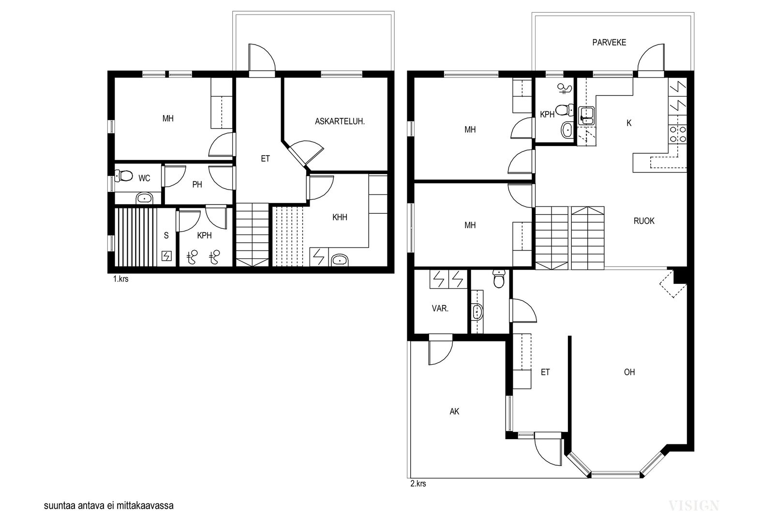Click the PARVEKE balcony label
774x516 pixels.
point(609,43)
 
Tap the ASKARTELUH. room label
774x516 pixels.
point(340,121)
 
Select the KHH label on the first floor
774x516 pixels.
point(340,217)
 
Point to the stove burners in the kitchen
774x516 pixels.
point(678,134)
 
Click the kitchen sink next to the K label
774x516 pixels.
point(586,116)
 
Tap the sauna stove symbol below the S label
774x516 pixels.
point(166,256)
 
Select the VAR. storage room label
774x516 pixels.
point(440,309)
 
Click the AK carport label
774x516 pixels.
point(454,412)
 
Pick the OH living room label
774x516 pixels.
point(629,372)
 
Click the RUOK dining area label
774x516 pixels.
point(644,221)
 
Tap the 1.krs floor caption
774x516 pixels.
point(120,279)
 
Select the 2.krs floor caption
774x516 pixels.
point(418,484)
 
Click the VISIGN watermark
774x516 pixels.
point(694,506)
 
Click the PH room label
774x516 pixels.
point(197,184)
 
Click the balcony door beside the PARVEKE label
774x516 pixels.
point(651,61)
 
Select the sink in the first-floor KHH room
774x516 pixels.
point(340,260)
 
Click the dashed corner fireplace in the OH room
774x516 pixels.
point(673,284)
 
